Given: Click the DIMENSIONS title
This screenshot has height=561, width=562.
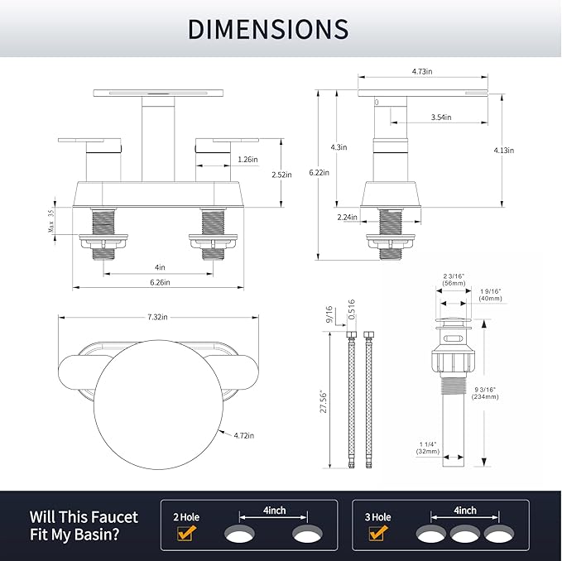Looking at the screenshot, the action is (x=268, y=29).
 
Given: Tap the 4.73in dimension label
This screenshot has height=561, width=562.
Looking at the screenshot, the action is (x=422, y=71).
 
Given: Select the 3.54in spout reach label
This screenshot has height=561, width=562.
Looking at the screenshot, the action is (x=441, y=117).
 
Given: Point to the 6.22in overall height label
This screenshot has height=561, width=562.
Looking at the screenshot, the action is (x=319, y=172).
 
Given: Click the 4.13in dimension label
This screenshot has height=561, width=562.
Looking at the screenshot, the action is (x=503, y=151).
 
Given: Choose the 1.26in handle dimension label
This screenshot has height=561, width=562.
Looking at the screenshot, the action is (x=247, y=160).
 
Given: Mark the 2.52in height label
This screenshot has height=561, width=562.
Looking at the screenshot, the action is (x=281, y=175).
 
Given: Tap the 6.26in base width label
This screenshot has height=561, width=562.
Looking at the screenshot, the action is (x=160, y=282).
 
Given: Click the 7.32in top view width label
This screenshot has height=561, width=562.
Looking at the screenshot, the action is (x=157, y=317).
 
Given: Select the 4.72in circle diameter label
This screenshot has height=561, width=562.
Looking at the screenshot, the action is (x=243, y=435).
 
